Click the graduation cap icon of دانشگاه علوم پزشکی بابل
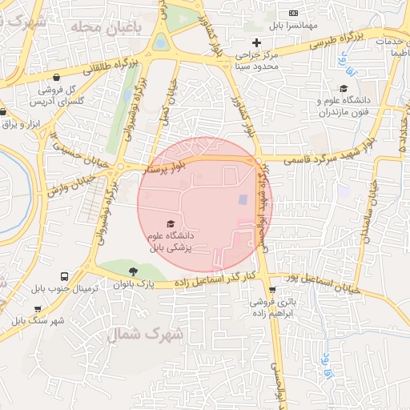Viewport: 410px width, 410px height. pyautogui.click(x=170, y=223)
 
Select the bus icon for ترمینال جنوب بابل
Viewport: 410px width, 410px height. pyautogui.click(x=64, y=275)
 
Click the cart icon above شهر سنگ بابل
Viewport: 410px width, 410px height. pyautogui.click(x=38, y=309)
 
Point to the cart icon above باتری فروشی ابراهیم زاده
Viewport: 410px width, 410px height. pyautogui.click(x=272, y=290)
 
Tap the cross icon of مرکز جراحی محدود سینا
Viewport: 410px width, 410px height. pyautogui.click(x=256, y=42)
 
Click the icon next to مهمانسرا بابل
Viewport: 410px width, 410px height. pyautogui.click(x=293, y=13)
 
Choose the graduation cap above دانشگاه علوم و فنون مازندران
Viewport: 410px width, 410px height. pyautogui.click(x=344, y=89)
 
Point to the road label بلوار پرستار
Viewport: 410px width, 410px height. pyautogui.click(x=163, y=167)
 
